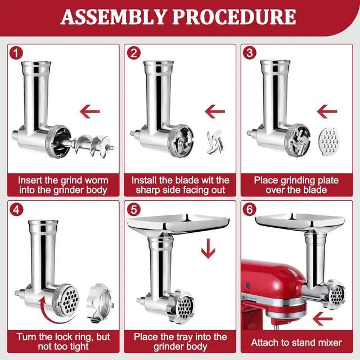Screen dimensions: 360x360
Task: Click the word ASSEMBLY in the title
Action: [114, 17]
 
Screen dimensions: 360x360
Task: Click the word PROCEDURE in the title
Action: [234, 17]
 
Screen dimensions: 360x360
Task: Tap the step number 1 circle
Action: [16, 53]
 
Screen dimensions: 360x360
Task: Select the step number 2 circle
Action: [134, 53]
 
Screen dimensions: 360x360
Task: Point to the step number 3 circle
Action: [250, 53]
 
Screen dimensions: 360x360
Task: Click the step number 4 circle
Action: [16, 209]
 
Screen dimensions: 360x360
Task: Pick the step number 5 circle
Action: [134, 209]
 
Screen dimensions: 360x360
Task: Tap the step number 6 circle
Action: [250, 209]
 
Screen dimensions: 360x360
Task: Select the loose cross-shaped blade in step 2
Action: [215, 142]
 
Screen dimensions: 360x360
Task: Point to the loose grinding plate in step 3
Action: [328, 142]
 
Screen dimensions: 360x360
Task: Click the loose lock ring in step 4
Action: [100, 303]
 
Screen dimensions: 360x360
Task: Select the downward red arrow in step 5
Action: [208, 249]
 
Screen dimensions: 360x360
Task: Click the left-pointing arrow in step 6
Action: [323, 319]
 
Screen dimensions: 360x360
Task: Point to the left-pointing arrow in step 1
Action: [90, 111]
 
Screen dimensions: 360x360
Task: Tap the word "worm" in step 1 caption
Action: [96, 181]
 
